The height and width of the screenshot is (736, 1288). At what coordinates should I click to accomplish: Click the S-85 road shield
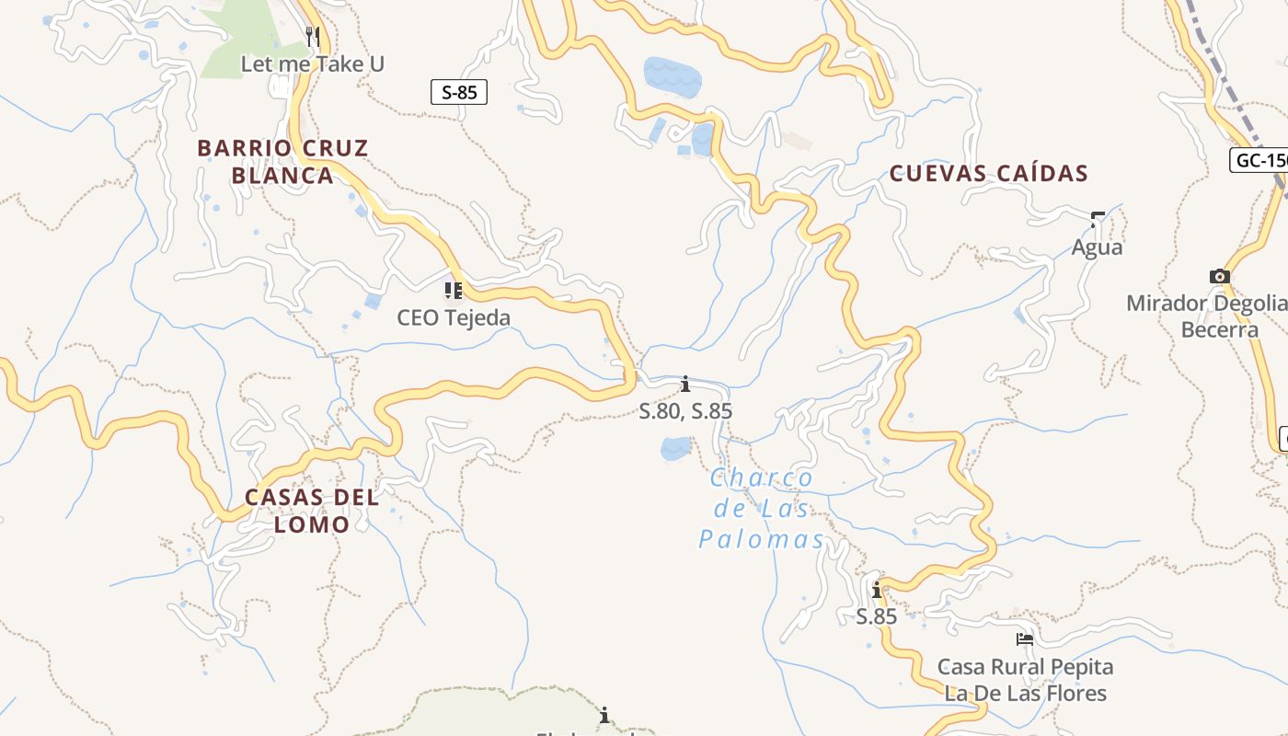459,92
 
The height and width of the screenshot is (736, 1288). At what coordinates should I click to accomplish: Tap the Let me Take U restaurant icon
312,37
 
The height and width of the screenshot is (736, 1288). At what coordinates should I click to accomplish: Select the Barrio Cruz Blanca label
282,161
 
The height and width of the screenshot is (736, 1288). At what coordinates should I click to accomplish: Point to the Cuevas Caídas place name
989,173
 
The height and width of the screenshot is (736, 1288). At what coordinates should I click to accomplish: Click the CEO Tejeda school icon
453,291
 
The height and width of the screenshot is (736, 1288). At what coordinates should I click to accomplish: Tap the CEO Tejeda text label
454,317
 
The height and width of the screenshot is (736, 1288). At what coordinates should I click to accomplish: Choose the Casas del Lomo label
311,511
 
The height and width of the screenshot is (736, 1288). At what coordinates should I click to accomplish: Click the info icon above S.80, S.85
685,384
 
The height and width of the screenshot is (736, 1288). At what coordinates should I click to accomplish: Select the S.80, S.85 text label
685,411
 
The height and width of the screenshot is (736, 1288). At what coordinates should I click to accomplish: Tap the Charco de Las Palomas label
762,509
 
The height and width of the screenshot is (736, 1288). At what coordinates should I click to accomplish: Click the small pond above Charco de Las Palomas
675,448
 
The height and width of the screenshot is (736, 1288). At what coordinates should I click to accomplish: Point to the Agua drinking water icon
1097,220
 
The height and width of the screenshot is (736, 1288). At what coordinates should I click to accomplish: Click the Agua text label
1097,247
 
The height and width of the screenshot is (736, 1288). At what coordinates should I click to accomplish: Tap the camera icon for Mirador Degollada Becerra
1219,276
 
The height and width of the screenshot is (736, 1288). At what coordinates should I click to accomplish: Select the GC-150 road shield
1259,160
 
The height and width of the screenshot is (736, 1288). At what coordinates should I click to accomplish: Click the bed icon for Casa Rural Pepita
1025,638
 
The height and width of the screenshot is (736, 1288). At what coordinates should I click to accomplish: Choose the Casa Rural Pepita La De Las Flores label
1025,680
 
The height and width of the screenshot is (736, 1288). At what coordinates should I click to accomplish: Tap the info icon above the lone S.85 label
877,590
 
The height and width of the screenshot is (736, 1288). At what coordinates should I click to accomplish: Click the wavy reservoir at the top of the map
673,76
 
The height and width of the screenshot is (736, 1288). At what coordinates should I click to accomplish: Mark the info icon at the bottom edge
604,715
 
